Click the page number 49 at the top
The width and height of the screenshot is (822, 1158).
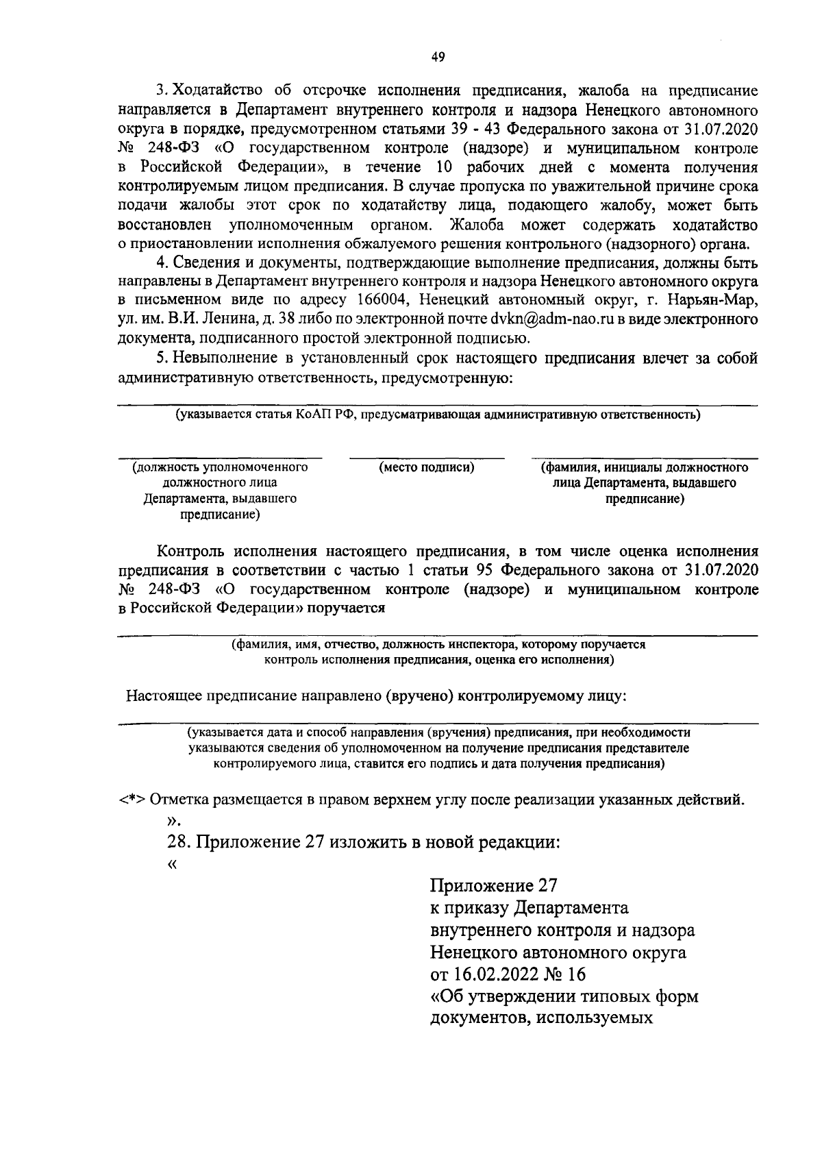(x=438, y=58)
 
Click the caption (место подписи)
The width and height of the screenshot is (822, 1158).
(x=427, y=467)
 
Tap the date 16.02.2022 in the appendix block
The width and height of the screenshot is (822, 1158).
(x=493, y=974)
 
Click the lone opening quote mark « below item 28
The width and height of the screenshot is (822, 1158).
(x=172, y=864)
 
